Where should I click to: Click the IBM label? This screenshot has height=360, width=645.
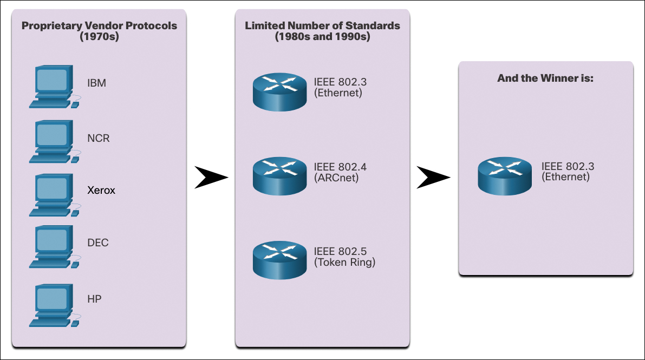point(96,84)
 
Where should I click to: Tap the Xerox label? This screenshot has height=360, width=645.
point(101,191)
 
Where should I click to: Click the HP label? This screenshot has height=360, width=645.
point(95,298)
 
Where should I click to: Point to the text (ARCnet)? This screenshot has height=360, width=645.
point(336,177)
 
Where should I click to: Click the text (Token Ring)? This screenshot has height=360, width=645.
point(344,263)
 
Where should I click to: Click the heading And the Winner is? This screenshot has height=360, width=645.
point(545,78)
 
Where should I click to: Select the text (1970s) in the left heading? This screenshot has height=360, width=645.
point(99,37)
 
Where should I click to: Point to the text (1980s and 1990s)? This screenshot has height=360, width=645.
point(322,37)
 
